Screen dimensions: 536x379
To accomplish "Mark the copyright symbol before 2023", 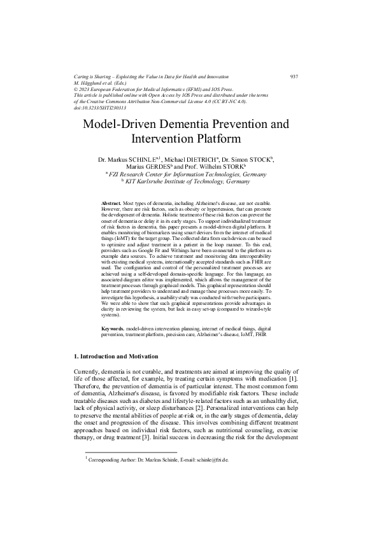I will click(76, 90).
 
